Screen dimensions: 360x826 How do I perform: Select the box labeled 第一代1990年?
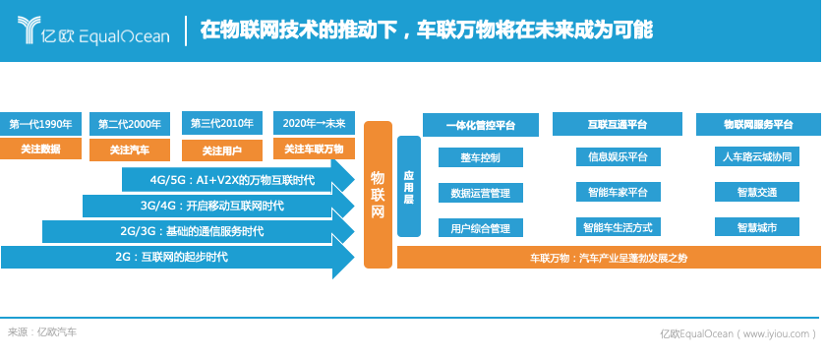[40, 124]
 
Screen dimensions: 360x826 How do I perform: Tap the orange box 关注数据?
[40, 150]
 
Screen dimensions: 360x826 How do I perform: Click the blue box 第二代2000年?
[129, 124]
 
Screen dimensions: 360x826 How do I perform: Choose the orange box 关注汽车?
[129, 150]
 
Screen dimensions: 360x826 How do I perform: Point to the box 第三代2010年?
[221, 124]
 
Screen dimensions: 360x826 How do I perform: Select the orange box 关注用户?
[221, 150]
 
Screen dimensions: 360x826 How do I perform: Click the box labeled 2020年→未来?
[313, 124]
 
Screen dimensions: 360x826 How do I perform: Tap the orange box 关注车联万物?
[313, 150]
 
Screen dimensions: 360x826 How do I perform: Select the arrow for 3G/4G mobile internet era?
[211, 206]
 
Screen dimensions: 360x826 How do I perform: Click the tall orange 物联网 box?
[378, 194]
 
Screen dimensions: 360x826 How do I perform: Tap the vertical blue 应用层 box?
[408, 186]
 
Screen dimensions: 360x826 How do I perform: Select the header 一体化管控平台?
[480, 125]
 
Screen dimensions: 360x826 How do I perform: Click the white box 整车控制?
[480, 157]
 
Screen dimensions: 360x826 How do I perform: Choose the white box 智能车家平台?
[617, 192]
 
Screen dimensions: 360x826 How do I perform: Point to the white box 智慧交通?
[756, 192]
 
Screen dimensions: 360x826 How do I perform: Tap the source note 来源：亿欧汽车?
[41, 332]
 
